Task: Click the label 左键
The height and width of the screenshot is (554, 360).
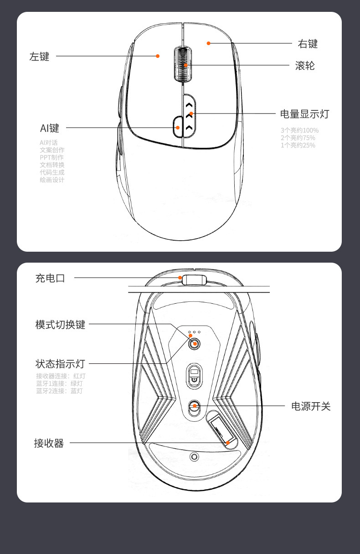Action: [x=39, y=57]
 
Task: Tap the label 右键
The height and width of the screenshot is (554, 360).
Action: [x=308, y=44]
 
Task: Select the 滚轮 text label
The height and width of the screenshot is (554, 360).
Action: [x=305, y=66]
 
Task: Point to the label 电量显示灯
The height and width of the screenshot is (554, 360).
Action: [x=304, y=114]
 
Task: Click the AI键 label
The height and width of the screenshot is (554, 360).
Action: [x=50, y=128]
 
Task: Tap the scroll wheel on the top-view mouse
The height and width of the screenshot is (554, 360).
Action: [x=182, y=65]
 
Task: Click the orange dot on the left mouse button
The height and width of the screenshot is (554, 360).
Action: [x=158, y=56]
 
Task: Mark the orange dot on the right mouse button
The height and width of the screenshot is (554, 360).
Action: [x=209, y=43]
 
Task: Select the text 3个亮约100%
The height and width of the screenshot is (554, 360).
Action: [x=299, y=130]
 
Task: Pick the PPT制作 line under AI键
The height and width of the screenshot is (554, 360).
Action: [x=51, y=157]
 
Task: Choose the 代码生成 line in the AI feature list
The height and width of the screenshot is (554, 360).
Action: [x=52, y=172]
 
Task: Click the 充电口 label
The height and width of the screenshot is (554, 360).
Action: [x=50, y=278]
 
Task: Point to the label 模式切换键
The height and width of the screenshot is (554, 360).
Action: [x=60, y=325]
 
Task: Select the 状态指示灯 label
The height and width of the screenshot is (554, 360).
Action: [x=60, y=364]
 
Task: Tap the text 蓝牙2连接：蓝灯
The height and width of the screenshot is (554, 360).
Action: [x=60, y=391]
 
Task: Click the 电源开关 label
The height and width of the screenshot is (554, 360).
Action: [x=311, y=406]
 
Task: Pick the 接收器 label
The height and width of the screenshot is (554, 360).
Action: [x=49, y=443]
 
